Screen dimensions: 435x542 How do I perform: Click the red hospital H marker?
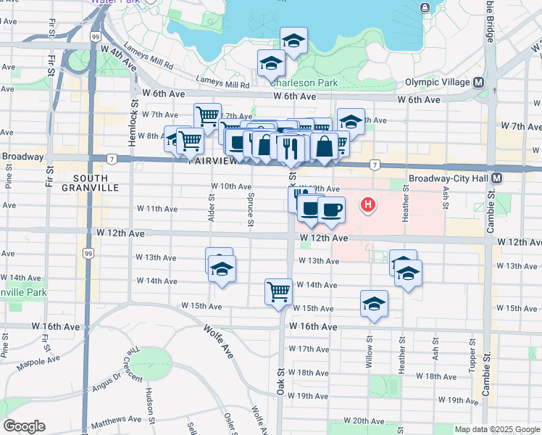369,205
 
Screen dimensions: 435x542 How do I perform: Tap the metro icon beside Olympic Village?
478,83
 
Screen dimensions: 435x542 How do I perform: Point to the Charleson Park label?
304,83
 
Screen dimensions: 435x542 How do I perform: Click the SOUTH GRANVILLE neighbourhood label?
91,183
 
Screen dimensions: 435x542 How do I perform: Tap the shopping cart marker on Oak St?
278,292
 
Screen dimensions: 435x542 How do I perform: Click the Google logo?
23,426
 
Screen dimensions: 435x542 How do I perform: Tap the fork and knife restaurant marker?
290,149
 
